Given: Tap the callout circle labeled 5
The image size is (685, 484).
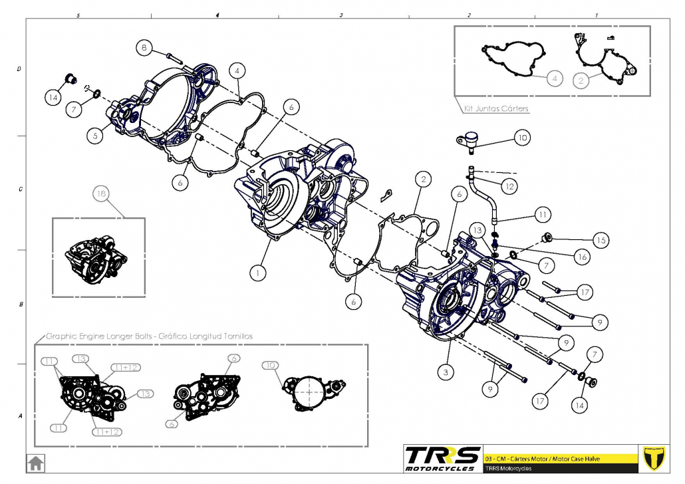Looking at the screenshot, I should (96, 135).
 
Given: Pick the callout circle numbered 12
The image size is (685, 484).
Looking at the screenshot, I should (509, 187).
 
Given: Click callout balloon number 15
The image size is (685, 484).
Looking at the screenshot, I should (601, 240).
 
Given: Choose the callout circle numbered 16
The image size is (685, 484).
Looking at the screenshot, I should (582, 255).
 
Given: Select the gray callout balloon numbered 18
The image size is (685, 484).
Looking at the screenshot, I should (101, 194).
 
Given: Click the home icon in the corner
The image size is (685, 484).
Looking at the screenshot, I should (35, 461).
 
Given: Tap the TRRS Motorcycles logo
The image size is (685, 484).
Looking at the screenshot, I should (442, 458).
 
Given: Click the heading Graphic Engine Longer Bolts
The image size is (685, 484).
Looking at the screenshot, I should (149, 336).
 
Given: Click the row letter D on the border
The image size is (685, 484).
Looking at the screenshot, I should (19, 69).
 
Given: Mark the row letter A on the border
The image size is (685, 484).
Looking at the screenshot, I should (19, 416).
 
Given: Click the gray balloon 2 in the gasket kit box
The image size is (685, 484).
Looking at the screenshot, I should (581, 80).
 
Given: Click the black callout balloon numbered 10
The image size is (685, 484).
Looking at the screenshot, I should (522, 138).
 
